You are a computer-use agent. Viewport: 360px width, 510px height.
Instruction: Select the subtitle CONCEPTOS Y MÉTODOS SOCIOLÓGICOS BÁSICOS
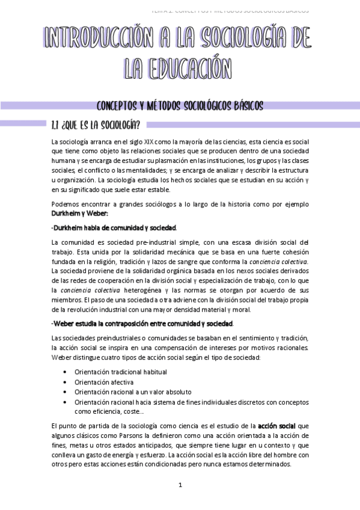point(180,106)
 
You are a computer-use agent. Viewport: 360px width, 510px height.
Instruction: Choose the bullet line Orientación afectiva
point(104,382)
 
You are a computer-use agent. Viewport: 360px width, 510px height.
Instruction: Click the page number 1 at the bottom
point(180,485)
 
